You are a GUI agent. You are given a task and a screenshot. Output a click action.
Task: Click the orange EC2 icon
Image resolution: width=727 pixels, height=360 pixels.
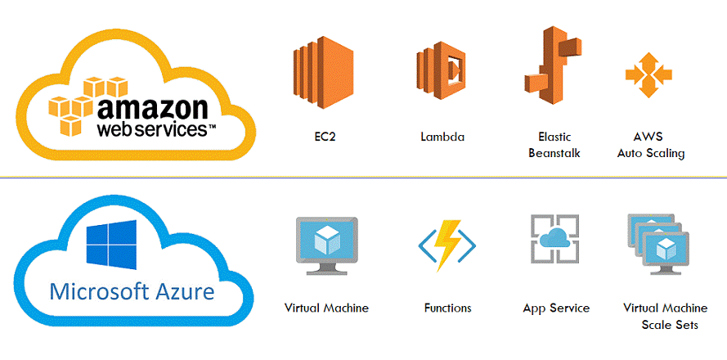coord(323,72)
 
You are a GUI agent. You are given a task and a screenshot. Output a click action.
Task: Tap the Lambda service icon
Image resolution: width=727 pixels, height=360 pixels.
coord(441,70)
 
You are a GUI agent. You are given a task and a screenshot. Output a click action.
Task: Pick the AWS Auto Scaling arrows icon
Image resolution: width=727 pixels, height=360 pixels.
coord(648,74)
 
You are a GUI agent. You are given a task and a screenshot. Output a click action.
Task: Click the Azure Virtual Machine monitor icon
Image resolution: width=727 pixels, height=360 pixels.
coord(326,245)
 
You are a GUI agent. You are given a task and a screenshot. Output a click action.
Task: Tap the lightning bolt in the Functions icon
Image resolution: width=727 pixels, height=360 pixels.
coord(447,245)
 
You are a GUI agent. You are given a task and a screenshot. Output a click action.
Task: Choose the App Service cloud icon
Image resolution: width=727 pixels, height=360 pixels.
coord(554,240)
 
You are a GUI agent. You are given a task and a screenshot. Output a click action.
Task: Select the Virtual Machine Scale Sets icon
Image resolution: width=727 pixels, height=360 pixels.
coord(658,245)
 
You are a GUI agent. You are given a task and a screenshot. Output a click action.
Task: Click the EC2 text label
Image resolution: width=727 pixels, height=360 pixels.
coord(324,137)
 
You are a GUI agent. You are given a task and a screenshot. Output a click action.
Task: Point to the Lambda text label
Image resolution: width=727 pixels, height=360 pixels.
coord(442,137)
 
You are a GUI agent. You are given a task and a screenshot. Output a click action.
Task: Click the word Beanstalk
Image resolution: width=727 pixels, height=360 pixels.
coord(554,153)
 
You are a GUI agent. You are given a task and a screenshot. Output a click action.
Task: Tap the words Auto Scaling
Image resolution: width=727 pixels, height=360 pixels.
coord(650,154)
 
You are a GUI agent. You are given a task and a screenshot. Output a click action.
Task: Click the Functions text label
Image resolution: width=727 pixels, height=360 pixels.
coord(447,308)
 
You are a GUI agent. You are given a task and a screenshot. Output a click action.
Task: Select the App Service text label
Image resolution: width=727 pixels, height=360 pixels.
coord(556,308)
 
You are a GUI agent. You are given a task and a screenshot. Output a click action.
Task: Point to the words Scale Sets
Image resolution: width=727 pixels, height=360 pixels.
coord(670,324)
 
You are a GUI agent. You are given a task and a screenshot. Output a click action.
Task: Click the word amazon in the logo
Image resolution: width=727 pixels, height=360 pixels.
coord(153,109)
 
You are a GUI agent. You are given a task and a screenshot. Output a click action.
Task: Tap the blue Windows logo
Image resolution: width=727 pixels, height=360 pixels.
coord(111,245)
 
